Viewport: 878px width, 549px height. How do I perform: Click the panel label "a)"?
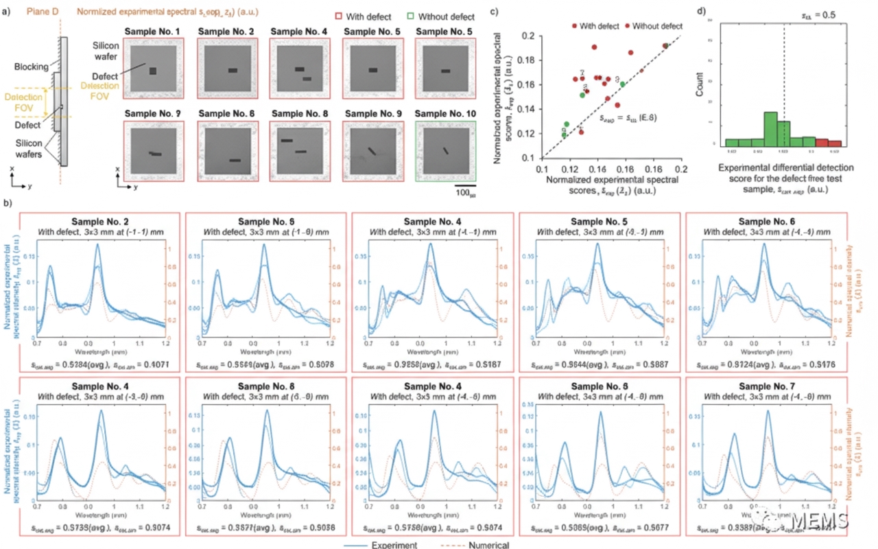(x=9, y=12)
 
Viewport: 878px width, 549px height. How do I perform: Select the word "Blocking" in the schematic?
(x=34, y=67)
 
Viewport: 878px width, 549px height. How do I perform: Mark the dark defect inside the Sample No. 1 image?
(x=153, y=71)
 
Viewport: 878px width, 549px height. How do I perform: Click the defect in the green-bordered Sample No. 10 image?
(x=445, y=151)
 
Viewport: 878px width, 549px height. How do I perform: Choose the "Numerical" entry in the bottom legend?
(x=488, y=545)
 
